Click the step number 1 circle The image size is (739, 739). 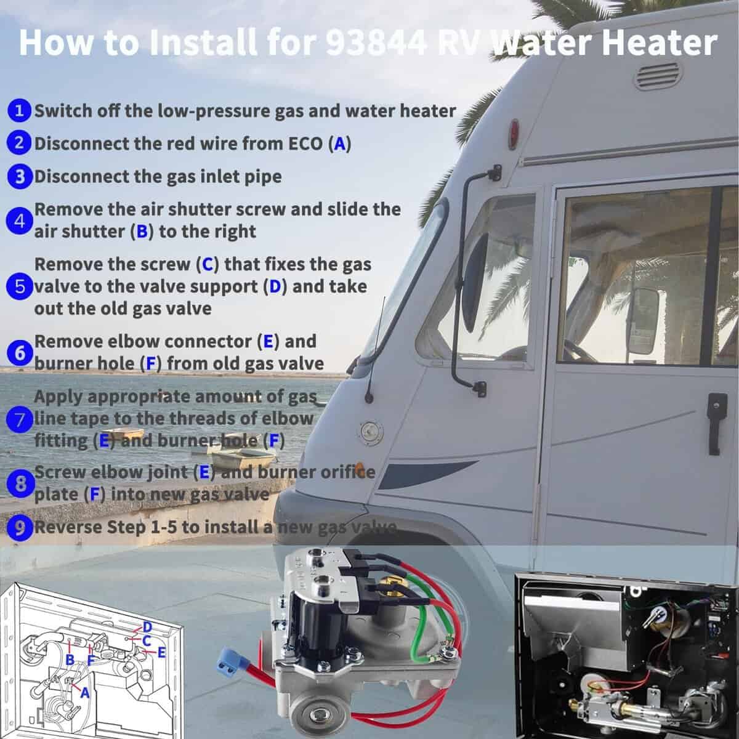19,111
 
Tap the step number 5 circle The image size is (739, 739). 19,286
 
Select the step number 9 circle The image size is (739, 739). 20,528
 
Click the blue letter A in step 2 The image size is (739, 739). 340,144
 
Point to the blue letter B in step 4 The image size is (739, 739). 142,232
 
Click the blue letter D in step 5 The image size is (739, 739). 275,287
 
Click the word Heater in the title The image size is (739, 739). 659,42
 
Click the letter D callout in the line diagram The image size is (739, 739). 147,628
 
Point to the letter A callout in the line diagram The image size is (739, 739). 85,692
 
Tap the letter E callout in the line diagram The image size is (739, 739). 161,652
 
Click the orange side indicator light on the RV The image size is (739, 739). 359,468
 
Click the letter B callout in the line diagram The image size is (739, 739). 70,660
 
